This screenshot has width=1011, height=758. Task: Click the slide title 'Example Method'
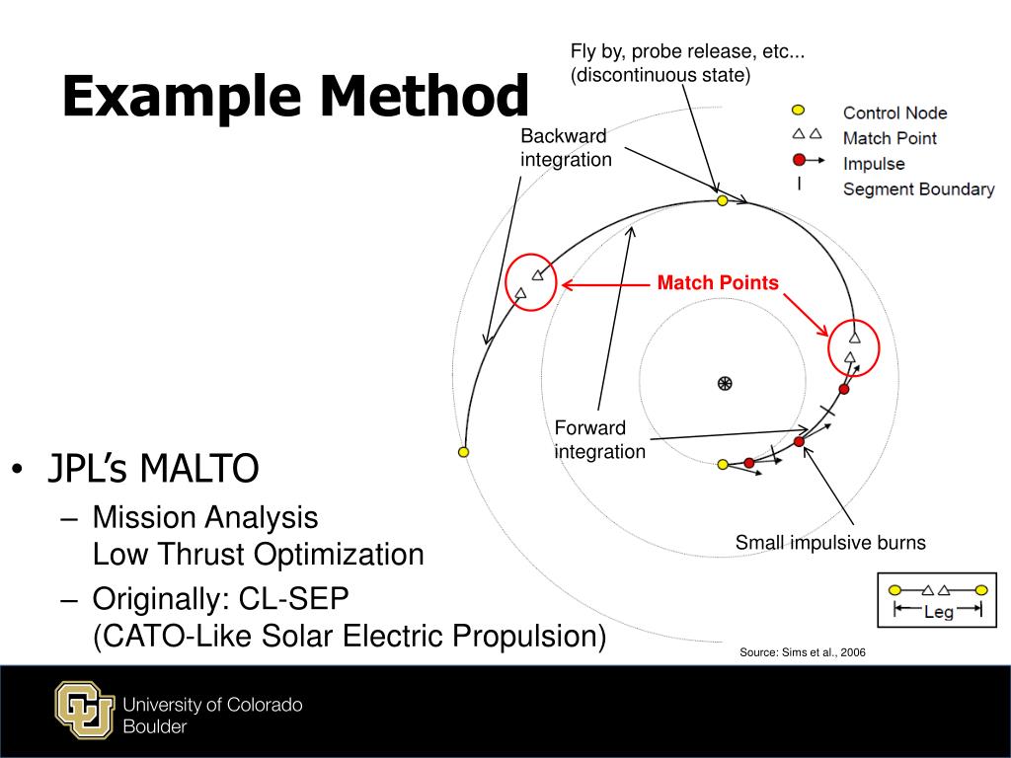(x=295, y=98)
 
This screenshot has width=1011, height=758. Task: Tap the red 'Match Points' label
(x=718, y=283)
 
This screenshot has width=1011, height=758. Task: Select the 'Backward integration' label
(x=566, y=147)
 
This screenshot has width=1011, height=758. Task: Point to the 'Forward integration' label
(x=599, y=439)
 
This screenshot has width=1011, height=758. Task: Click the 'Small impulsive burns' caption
(x=830, y=543)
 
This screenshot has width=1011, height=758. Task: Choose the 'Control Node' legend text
(x=894, y=114)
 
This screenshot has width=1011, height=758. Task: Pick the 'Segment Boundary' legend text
(x=918, y=189)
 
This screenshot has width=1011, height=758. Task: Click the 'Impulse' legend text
(x=874, y=163)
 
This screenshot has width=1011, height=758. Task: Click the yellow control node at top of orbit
(x=722, y=200)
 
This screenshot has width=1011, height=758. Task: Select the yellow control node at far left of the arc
(x=463, y=452)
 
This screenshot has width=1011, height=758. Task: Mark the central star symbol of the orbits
(x=724, y=383)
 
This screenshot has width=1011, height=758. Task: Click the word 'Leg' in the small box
(x=938, y=612)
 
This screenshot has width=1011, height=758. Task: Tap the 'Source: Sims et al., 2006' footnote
(x=803, y=652)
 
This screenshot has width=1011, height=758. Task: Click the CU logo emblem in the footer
(x=84, y=711)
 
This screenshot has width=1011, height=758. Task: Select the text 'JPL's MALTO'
(x=154, y=469)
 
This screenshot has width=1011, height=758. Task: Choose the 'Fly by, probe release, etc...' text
(x=687, y=51)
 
